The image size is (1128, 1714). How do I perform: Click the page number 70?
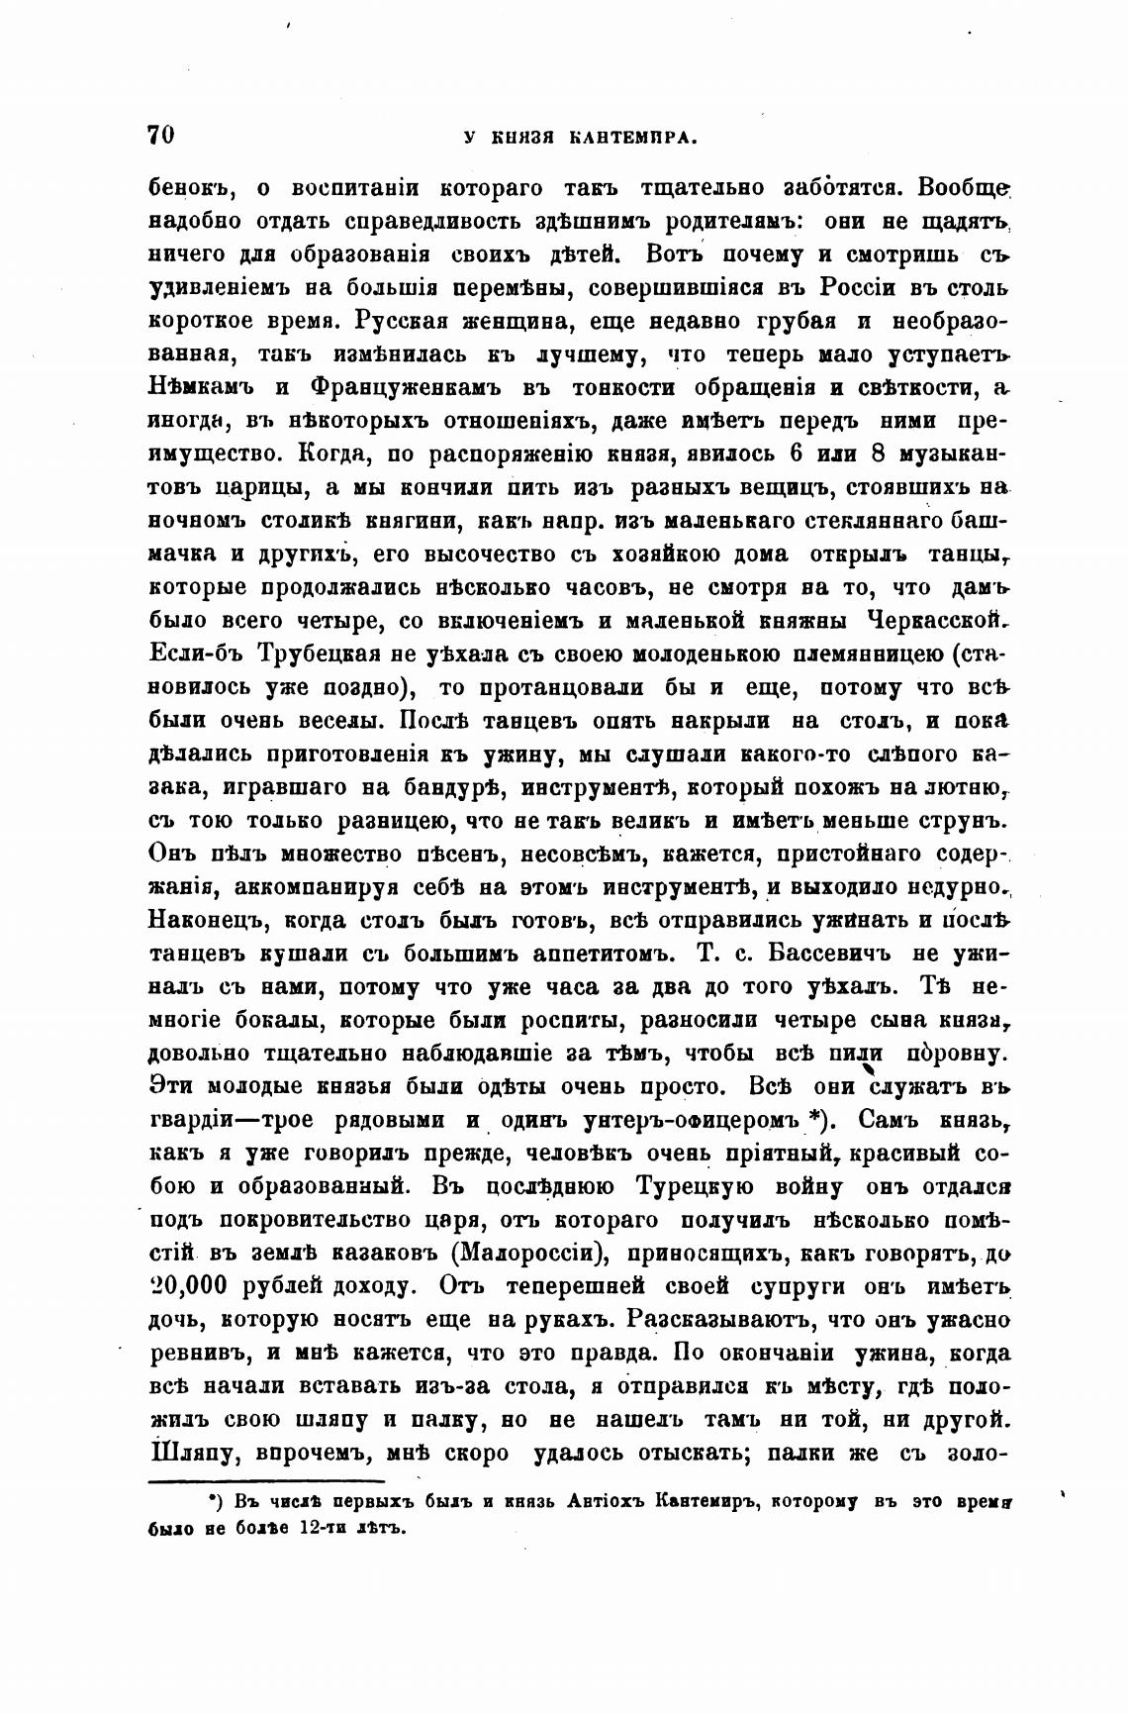point(160,136)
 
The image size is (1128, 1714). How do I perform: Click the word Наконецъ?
point(208,921)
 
